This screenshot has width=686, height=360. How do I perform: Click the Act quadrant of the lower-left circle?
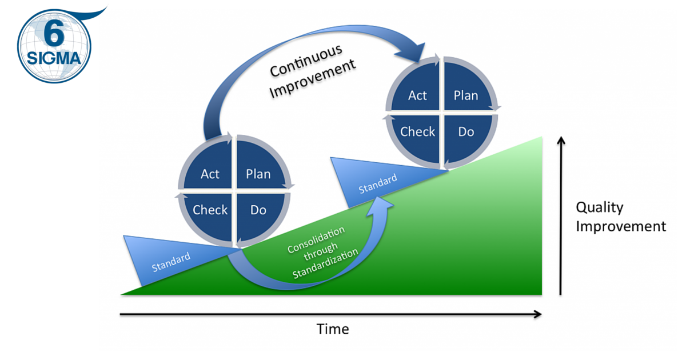click(x=210, y=173)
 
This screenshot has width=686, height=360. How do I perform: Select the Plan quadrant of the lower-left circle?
click(x=258, y=173)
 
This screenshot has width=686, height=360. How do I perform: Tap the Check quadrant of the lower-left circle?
click(x=210, y=210)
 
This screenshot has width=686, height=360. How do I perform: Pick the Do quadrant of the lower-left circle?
click(x=258, y=210)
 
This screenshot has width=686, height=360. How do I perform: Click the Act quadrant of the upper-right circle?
click(x=417, y=95)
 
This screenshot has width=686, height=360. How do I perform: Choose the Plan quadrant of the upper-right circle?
click(x=465, y=95)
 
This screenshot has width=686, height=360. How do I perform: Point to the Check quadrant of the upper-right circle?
click(x=417, y=131)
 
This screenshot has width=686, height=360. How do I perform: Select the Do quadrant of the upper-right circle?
click(x=465, y=131)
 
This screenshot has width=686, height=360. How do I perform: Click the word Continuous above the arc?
click(x=306, y=60)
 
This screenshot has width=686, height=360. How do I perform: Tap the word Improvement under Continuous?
click(x=313, y=79)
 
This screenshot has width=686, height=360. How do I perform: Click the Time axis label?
click(x=333, y=329)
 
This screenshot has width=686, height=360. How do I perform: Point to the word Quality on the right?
click(x=599, y=207)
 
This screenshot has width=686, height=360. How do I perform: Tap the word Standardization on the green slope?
click(x=325, y=265)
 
